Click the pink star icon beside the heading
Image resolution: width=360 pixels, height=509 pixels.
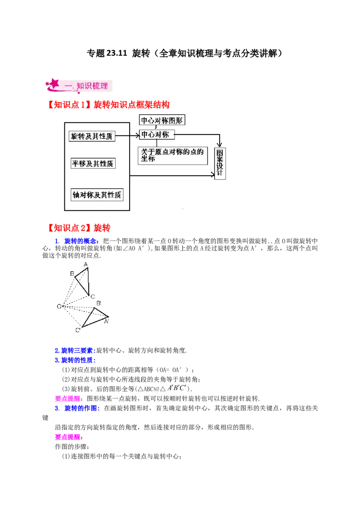click(53, 84)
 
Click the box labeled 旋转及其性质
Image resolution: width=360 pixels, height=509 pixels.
click(92, 136)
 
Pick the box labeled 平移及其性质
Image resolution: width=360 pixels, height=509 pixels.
click(93, 164)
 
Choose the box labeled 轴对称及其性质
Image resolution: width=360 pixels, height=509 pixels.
click(97, 195)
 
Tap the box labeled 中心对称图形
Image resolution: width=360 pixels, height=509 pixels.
click(162, 121)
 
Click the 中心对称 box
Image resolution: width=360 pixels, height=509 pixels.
click(157, 135)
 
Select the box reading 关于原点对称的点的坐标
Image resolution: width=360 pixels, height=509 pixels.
click(173, 155)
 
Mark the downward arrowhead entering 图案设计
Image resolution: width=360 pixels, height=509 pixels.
click(220, 143)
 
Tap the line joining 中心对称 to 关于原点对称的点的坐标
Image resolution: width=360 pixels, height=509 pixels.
click(156, 143)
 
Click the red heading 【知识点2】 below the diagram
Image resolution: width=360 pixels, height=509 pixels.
click(79, 228)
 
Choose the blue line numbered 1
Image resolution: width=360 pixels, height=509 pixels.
click(76, 241)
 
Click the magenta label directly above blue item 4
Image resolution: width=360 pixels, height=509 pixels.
click(68, 398)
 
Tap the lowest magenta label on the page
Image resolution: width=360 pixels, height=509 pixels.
click(68, 437)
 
